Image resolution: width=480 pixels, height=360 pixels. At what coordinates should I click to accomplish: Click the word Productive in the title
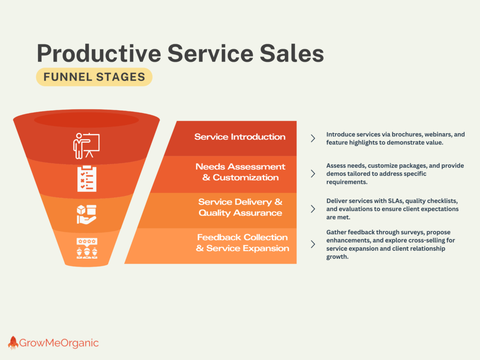pyautogui.click(x=99, y=53)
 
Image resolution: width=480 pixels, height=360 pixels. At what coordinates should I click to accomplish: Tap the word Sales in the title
pyautogui.click(x=292, y=53)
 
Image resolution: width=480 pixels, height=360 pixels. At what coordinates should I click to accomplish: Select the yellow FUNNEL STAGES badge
pyautogui.click(x=94, y=77)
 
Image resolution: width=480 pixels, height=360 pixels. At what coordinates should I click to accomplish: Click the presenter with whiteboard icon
pyautogui.click(x=86, y=146)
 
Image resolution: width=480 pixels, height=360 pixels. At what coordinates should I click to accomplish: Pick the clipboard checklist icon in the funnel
pyautogui.click(x=87, y=179)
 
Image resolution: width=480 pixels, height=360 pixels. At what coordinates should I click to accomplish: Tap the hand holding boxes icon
pyautogui.click(x=87, y=215)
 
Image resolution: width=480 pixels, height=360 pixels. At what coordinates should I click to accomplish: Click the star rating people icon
pyautogui.click(x=87, y=248)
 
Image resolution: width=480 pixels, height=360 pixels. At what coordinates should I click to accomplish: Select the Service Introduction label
pyautogui.click(x=240, y=136)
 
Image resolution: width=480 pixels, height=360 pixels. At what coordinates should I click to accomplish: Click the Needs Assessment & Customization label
pyautogui.click(x=240, y=172)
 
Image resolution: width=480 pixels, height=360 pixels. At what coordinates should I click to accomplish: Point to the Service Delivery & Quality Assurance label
pyautogui.click(x=240, y=207)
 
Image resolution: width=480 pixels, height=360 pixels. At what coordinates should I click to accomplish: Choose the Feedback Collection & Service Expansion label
pyautogui.click(x=242, y=243)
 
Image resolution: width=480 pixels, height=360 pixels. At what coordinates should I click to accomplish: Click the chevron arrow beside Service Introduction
pyautogui.click(x=313, y=138)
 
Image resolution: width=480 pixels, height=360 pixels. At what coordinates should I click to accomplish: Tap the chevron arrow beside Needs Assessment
pyautogui.click(x=313, y=173)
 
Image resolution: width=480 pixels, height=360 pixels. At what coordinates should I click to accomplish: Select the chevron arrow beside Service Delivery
pyautogui.click(x=313, y=209)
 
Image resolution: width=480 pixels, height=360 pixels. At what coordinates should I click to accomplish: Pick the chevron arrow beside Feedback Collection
pyautogui.click(x=313, y=244)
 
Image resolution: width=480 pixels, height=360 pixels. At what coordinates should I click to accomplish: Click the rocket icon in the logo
pyautogui.click(x=13, y=343)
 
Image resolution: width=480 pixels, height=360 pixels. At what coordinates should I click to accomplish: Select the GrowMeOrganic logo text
pyautogui.click(x=59, y=343)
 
